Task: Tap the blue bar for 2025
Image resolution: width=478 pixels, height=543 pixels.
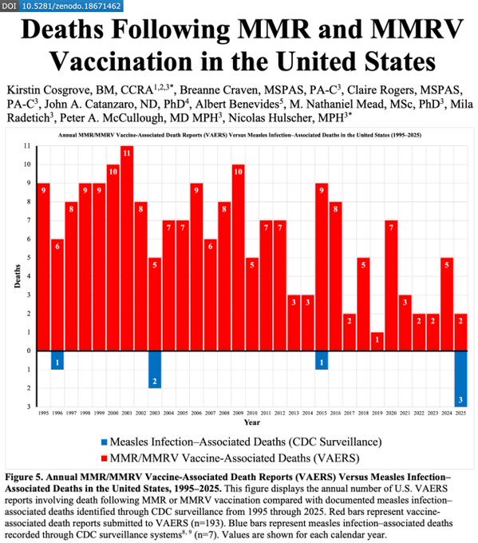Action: click(x=460, y=379)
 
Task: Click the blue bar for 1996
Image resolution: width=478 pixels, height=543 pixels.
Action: click(x=57, y=360)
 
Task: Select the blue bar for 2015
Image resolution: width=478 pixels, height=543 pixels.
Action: click(x=322, y=360)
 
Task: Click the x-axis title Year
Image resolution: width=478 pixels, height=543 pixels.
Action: click(x=251, y=422)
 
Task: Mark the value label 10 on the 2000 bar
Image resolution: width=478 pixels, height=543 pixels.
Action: click(x=113, y=169)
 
